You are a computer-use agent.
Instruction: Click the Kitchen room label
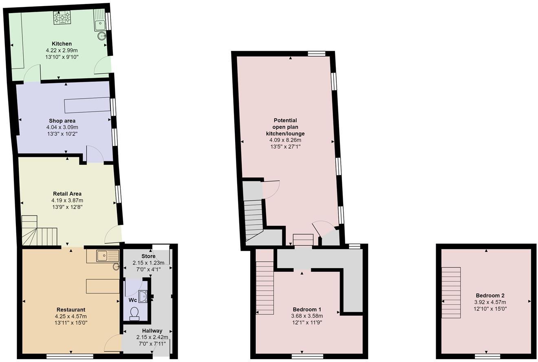click(x=62, y=44)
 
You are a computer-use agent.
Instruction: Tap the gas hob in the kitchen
click(x=62, y=17)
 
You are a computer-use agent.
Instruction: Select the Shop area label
click(x=62, y=121)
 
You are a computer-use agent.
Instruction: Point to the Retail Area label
click(x=67, y=194)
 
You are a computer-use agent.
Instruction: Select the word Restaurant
click(x=71, y=309)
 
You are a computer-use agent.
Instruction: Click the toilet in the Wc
click(x=134, y=313)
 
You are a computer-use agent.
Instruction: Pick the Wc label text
click(x=133, y=300)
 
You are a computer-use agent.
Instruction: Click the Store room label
click(x=148, y=256)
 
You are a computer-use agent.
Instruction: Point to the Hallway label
click(x=152, y=331)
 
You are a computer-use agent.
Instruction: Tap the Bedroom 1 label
click(x=307, y=309)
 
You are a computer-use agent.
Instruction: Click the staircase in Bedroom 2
click(x=451, y=293)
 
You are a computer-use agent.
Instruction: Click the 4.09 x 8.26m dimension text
click(x=285, y=140)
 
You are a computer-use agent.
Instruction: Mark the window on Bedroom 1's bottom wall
click(x=307, y=356)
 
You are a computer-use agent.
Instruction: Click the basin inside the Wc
click(x=143, y=296)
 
